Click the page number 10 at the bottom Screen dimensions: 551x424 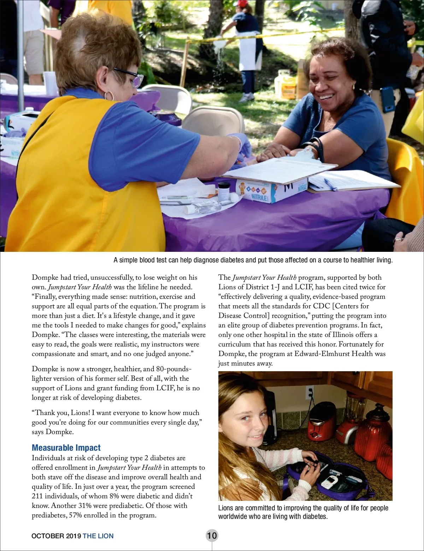pos(212,535)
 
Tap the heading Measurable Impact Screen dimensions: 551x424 pos(66,448)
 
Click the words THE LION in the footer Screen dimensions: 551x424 pos(98,536)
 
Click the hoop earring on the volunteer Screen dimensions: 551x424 pos(110,95)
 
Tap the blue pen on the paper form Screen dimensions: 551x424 pos(331,184)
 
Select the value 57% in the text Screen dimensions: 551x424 pos(75,515)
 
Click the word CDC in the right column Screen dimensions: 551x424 pos(321,306)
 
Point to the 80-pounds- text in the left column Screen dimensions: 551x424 pos(174,369)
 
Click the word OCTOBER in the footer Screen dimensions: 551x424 pos(47,536)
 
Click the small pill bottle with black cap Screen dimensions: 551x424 pos(224,190)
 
